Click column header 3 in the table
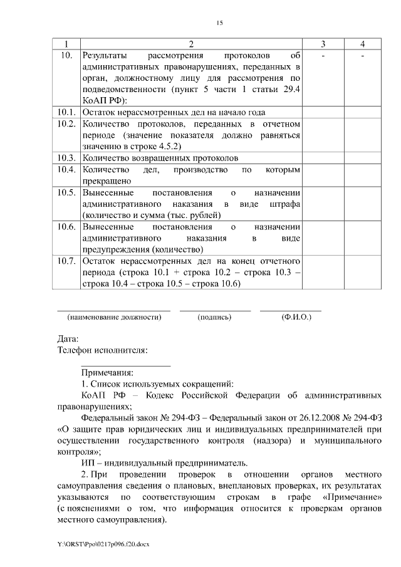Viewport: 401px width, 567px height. point(323,44)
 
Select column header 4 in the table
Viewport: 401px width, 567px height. point(363,44)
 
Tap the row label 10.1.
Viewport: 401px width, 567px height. point(67,112)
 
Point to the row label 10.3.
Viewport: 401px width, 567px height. point(67,157)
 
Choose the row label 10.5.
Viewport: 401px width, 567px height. point(67,192)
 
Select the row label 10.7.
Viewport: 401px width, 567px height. point(67,260)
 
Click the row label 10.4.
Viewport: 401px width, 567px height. point(67,170)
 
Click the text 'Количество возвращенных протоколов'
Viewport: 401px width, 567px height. point(160,157)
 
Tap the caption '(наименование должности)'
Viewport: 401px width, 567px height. point(114,317)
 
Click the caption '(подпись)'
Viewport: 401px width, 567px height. point(215,317)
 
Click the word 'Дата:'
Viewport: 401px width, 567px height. point(68,339)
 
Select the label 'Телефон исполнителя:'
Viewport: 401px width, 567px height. point(103,350)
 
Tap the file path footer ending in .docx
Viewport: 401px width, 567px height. point(103,544)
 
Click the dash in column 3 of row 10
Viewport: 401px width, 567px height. point(323,56)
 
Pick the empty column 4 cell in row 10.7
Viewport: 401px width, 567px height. point(363,271)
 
